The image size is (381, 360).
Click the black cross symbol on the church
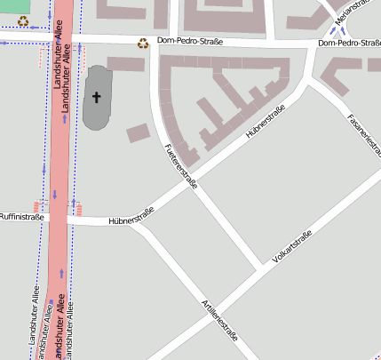tap(97, 99)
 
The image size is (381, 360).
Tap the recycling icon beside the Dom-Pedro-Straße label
tap(143, 42)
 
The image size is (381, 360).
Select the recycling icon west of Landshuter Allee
tap(23, 20)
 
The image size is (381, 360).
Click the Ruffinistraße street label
tap(22, 216)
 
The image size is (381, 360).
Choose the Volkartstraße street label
tap(293, 245)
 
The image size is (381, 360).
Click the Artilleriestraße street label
tap(221, 322)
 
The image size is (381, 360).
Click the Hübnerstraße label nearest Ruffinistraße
tap(131, 214)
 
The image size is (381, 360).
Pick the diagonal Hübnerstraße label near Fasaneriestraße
tap(264, 123)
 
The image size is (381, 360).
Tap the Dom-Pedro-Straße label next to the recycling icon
tap(189, 42)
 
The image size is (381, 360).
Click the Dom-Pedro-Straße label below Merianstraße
tap(348, 43)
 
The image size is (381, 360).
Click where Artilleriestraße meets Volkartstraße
tap(264, 266)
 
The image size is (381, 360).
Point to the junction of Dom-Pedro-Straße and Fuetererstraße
tap(155, 44)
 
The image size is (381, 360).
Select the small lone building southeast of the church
tap(138, 133)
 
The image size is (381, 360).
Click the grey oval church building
tap(97, 97)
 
